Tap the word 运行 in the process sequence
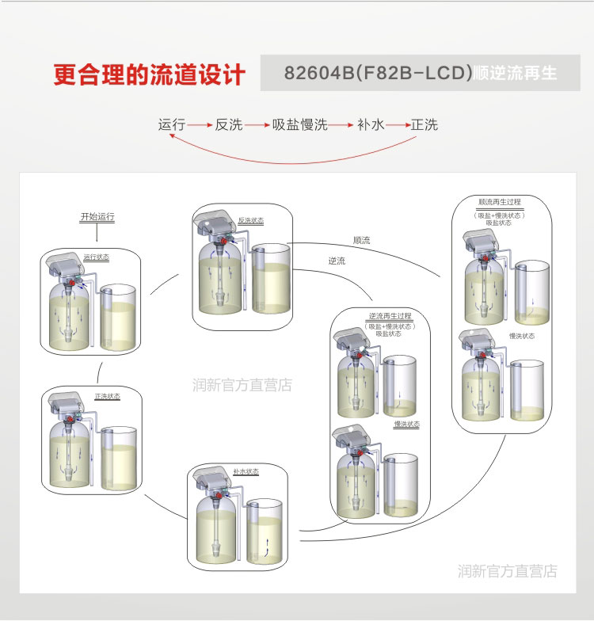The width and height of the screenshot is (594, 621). (172, 124)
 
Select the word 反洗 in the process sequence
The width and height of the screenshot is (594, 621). (229, 124)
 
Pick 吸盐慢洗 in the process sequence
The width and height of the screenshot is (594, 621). (300, 124)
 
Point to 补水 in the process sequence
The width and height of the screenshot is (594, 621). (370, 124)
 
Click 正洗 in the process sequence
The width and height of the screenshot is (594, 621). (424, 124)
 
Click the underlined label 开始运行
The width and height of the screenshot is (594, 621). (97, 216)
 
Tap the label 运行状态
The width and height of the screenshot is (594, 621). (97, 257)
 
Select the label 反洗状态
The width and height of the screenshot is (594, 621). (250, 220)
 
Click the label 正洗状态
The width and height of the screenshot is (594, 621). (107, 396)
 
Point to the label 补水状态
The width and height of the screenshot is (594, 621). (246, 471)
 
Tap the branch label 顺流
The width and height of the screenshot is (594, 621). (361, 239)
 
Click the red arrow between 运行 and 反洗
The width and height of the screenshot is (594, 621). (200, 125)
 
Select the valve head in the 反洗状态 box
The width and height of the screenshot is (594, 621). (215, 223)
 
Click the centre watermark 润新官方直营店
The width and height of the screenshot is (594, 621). (242, 386)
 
